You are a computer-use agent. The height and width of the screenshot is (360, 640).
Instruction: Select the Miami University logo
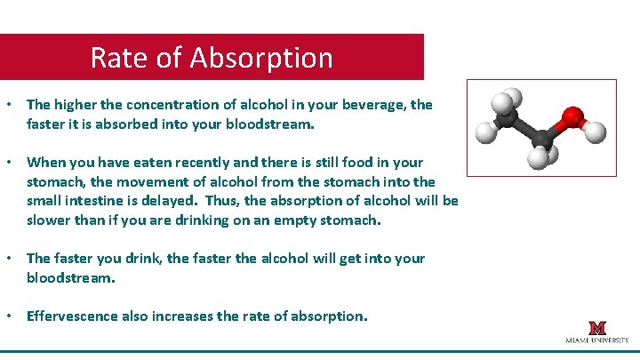pyautogui.click(x=596, y=332)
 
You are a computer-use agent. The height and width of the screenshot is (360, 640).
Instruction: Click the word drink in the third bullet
pyautogui.click(x=159, y=258)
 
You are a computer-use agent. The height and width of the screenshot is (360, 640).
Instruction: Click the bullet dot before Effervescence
pyautogui.click(x=9, y=316)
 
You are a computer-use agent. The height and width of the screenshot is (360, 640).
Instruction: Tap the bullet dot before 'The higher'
pyautogui.click(x=9, y=105)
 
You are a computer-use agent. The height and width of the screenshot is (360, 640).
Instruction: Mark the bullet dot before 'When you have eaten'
pyautogui.click(x=9, y=162)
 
